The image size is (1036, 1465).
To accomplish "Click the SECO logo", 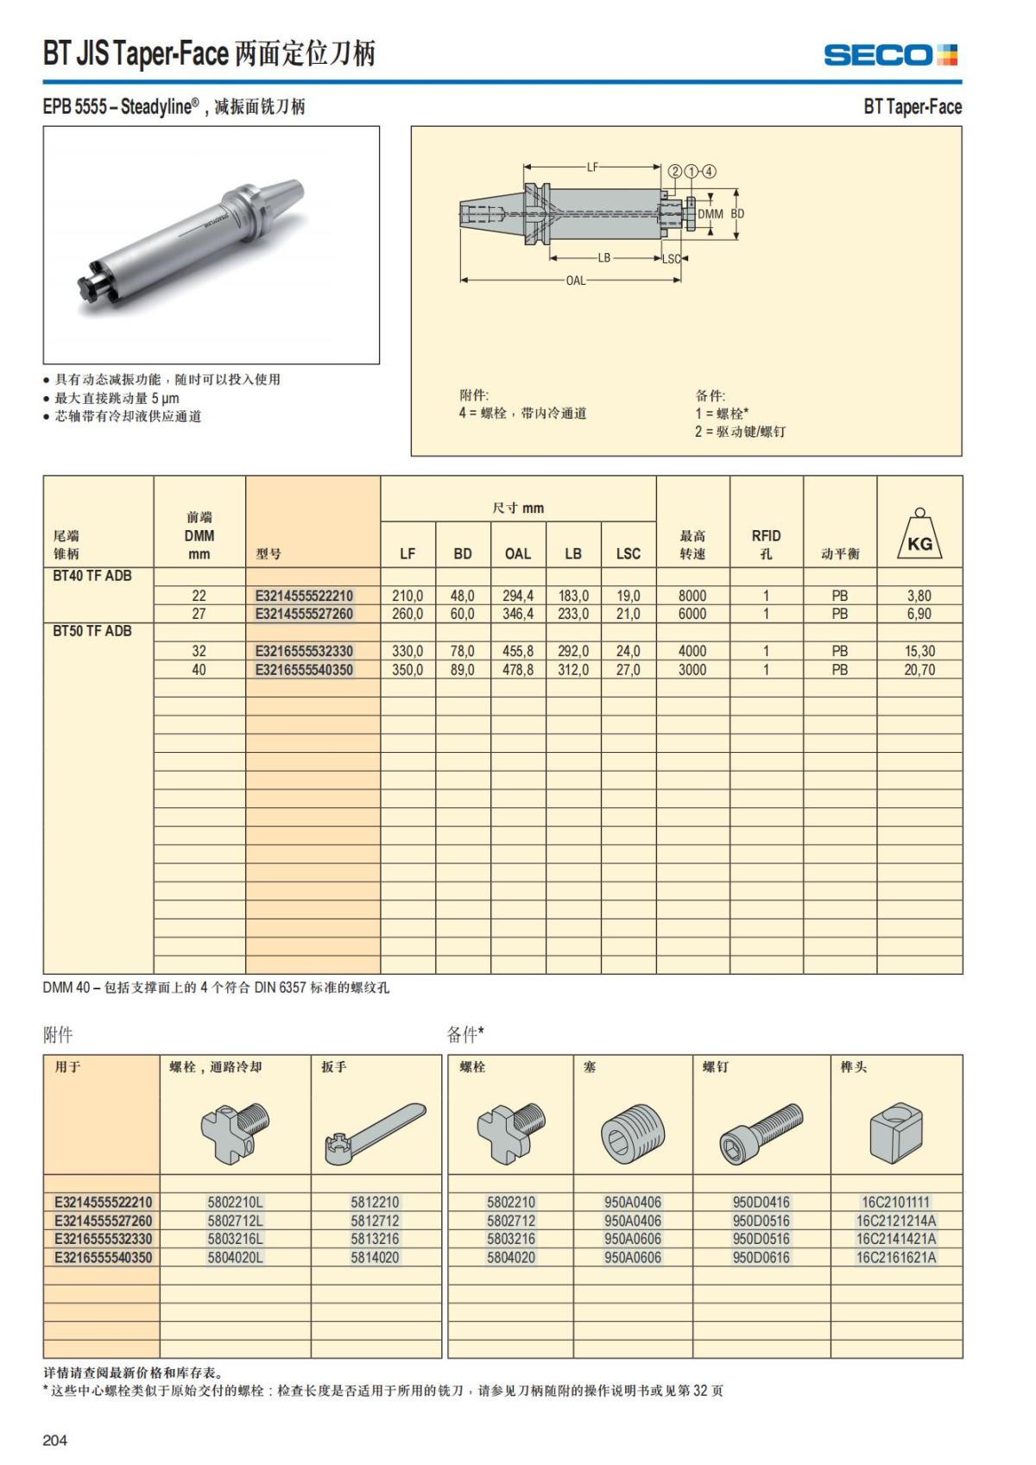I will click(x=890, y=55).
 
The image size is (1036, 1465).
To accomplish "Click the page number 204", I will click(x=54, y=1439).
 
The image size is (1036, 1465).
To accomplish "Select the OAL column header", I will click(x=518, y=553).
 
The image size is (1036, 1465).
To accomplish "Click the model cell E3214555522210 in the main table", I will click(x=304, y=596).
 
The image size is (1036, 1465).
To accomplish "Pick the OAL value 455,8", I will click(x=518, y=651).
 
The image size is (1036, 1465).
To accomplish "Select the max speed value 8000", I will click(x=692, y=596).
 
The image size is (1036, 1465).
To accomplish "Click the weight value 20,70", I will click(x=919, y=670).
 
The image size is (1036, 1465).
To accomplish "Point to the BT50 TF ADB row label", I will click(x=92, y=631).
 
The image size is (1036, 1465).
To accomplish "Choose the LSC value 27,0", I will click(x=629, y=670).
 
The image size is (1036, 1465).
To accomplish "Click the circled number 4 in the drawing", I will click(x=710, y=171).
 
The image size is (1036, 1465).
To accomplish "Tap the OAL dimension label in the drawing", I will click(x=575, y=280).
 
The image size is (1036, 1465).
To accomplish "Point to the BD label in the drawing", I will click(x=737, y=213).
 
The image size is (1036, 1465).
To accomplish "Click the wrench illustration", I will click(x=375, y=1133).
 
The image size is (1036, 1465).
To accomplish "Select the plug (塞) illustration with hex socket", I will click(x=632, y=1132).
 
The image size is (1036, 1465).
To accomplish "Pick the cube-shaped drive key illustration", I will click(x=895, y=1132).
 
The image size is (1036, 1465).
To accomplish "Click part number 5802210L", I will click(x=235, y=1202).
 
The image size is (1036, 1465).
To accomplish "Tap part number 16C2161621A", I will click(x=896, y=1257).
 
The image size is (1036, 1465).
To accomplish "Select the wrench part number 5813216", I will click(x=375, y=1239).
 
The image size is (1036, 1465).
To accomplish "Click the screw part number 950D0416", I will click(x=761, y=1202).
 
